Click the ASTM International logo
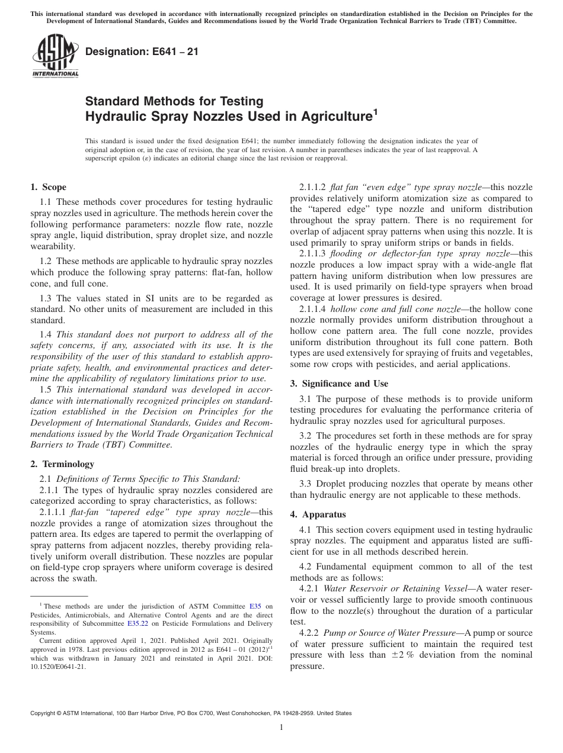click(x=55, y=57)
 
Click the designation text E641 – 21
click(x=142, y=52)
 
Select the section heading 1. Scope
click(x=48, y=187)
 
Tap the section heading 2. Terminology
click(x=62, y=464)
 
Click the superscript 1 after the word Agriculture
click(x=375, y=111)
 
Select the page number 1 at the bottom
click(x=281, y=728)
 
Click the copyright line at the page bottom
click(x=190, y=713)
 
